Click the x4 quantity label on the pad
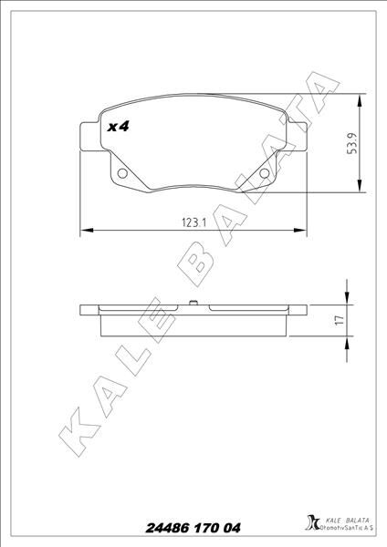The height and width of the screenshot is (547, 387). [117, 127]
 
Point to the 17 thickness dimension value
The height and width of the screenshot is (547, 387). [339, 319]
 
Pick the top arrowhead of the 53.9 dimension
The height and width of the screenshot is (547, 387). [364, 98]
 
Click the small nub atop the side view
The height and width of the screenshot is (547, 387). [192, 304]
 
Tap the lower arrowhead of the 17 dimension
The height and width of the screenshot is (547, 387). [347, 341]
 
